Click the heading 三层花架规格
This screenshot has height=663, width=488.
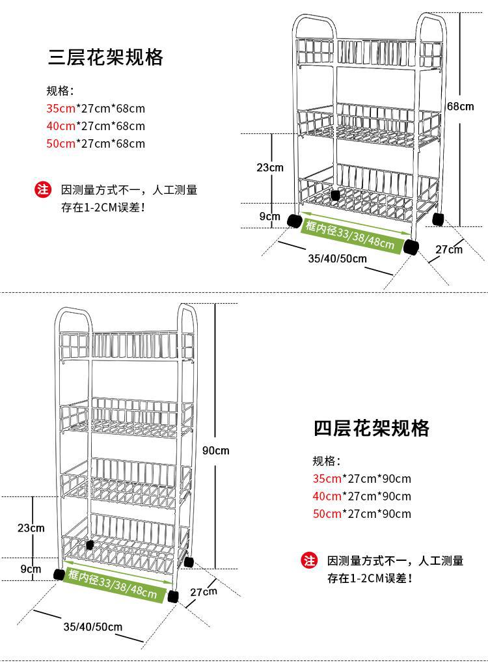tap(105, 57)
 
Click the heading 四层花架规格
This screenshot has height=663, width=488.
tap(372, 428)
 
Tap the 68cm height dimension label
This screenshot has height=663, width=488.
tap(460, 106)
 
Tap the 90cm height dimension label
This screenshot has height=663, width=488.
tap(215, 450)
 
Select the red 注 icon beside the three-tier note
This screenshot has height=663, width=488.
tap(42, 190)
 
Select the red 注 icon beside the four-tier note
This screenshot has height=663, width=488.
tap(309, 561)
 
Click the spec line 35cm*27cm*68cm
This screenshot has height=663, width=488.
tap(96, 108)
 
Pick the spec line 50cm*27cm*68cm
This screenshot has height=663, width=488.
tap(96, 143)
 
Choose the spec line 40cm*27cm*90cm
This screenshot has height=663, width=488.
tap(362, 496)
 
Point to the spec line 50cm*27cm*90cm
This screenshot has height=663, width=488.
tap(362, 513)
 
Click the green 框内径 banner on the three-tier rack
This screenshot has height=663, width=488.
tap(350, 234)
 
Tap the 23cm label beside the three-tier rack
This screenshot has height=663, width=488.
tap(269, 167)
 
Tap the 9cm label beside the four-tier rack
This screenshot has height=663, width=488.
tap(31, 569)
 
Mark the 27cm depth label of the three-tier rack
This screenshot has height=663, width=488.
tap(449, 249)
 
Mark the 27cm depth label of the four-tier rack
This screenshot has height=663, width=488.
tap(204, 591)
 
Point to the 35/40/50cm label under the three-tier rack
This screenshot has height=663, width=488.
tap(337, 258)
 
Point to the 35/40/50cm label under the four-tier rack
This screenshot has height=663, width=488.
tap(93, 627)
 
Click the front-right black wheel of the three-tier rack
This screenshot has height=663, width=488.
tap(411, 247)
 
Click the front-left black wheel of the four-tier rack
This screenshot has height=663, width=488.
tap(59, 574)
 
